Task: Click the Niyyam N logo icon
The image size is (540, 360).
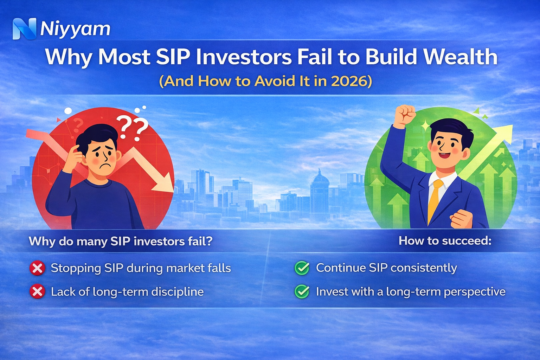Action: click(24, 28)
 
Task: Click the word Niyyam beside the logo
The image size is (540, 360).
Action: click(75, 29)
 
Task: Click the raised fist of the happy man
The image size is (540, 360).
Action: click(405, 115)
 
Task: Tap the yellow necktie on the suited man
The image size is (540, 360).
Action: click(435, 200)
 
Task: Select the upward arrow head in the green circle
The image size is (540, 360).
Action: click(503, 134)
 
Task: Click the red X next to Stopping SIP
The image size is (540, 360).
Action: click(37, 269)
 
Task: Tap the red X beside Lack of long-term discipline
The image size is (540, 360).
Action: click(37, 292)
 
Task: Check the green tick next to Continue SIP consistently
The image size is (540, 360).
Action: click(302, 268)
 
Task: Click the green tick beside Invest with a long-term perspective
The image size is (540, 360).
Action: click(302, 292)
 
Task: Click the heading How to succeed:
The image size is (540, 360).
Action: click(445, 241)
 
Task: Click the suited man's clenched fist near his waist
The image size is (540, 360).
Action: click(461, 219)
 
